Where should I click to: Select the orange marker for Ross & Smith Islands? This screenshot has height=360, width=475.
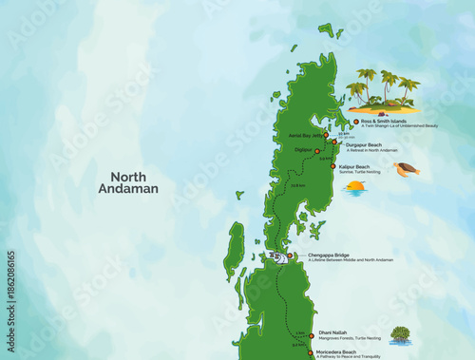355,122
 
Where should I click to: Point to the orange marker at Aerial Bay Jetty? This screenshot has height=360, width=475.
331,137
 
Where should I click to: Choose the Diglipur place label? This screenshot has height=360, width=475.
303,149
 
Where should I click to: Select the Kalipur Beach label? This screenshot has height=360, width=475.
355,167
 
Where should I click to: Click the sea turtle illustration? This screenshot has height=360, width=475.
407,169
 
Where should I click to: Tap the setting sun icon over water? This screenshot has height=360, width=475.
355,187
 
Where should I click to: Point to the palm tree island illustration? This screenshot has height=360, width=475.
383,91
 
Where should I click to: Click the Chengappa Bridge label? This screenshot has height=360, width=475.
329,256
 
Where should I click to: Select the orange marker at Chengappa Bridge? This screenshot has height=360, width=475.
290,256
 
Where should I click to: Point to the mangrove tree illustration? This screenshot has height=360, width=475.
400,334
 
